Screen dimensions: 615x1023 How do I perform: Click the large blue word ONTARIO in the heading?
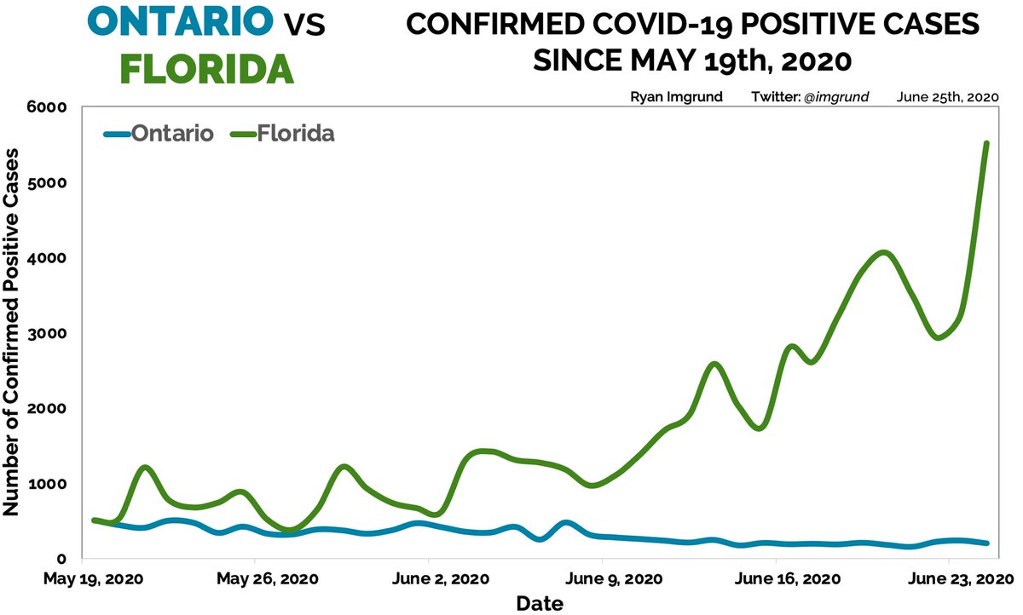click(181, 24)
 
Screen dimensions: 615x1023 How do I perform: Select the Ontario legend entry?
click(170, 134)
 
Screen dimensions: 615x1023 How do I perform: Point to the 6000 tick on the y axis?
click(49, 107)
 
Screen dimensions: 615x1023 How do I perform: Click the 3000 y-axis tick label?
click(49, 333)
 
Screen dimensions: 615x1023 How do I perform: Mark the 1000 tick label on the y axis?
click(49, 484)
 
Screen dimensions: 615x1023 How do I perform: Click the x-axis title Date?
click(540, 604)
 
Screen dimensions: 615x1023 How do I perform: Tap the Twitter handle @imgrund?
click(841, 96)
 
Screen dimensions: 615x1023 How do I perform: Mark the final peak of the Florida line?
click(986, 144)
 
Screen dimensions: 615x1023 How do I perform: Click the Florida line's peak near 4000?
click(884, 253)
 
